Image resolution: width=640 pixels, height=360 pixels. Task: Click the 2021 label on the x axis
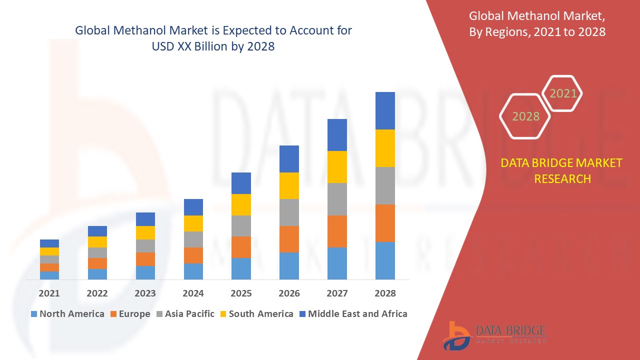(49, 293)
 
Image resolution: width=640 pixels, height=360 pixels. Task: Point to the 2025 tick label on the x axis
(241, 293)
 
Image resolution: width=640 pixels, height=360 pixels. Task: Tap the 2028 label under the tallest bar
(385, 293)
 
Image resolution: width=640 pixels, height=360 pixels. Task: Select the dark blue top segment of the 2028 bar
(385, 110)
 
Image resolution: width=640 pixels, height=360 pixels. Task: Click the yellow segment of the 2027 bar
(337, 166)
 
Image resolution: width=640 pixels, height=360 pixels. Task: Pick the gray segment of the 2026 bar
(289, 212)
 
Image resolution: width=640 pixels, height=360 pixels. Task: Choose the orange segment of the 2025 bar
(241, 247)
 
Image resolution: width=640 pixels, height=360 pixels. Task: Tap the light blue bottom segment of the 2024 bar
(193, 271)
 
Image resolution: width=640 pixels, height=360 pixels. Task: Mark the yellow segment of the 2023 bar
(145, 232)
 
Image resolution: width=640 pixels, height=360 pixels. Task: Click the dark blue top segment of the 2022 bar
(97, 231)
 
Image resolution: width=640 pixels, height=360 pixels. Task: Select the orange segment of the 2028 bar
(385, 223)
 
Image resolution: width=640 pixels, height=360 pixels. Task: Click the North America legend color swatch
(34, 314)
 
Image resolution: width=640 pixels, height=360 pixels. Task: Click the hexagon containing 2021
(562, 93)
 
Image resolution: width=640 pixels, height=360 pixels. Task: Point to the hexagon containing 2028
(525, 116)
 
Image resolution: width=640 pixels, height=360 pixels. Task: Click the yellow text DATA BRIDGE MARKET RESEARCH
(561, 170)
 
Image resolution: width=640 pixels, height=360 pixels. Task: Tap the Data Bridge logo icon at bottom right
(456, 335)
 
